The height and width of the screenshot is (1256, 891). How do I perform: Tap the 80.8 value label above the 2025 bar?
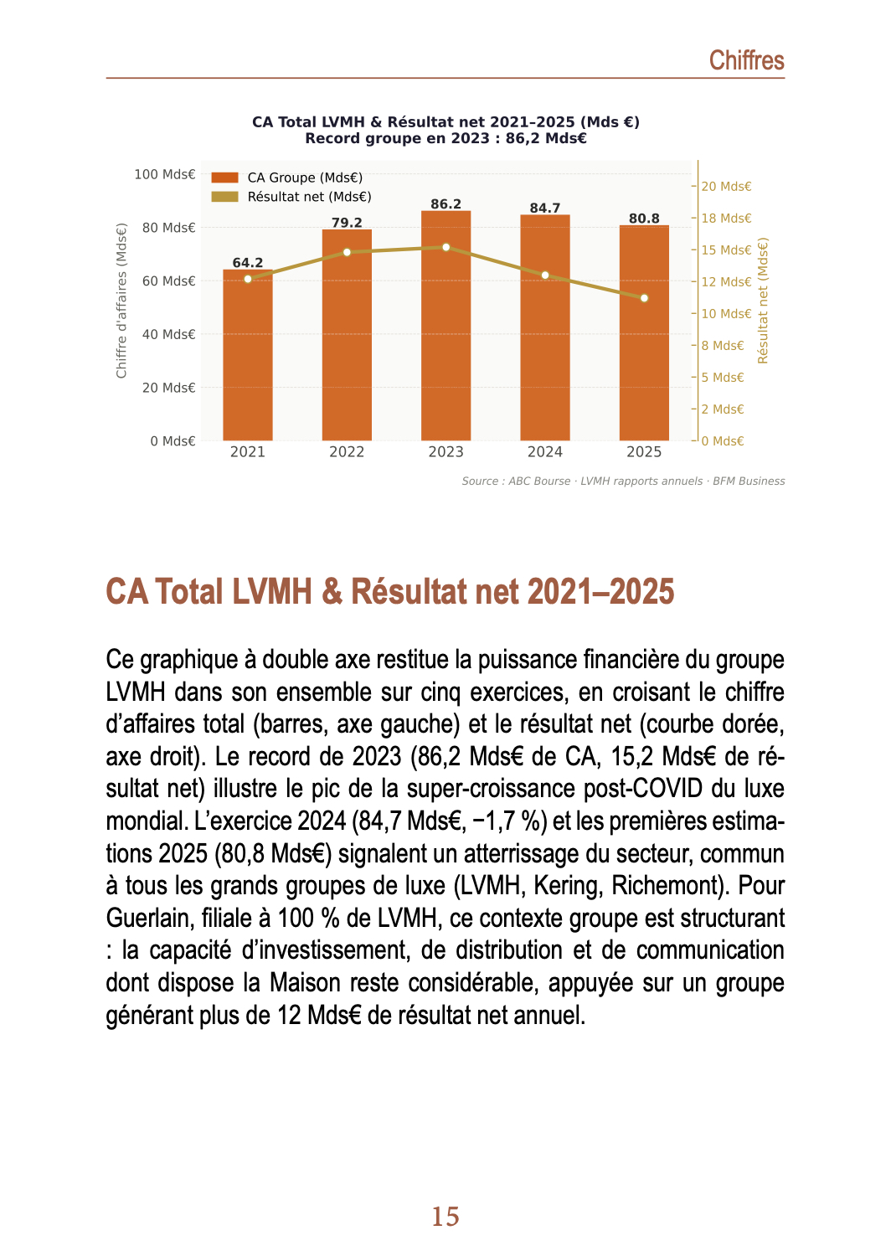tap(644, 219)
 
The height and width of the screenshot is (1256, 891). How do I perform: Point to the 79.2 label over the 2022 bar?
tap(347, 223)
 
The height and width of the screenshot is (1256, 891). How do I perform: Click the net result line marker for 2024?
tap(545, 275)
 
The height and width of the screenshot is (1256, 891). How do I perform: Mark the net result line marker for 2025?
tap(644, 298)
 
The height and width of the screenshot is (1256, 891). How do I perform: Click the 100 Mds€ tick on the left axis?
tap(164, 174)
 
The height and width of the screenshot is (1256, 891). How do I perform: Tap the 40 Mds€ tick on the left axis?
tap(168, 334)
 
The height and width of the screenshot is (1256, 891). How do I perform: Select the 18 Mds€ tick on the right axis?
tap(726, 219)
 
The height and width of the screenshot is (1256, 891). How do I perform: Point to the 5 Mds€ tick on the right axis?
tap(722, 378)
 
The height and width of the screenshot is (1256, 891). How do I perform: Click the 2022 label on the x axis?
tap(347, 452)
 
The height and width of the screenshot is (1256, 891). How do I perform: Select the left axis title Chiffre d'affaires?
tap(121, 301)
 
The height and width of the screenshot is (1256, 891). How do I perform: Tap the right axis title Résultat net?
tap(763, 301)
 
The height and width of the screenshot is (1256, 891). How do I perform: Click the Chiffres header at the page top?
tap(746, 60)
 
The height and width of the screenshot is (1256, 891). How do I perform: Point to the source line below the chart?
tap(623, 481)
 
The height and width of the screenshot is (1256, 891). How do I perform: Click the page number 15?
tap(445, 1217)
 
